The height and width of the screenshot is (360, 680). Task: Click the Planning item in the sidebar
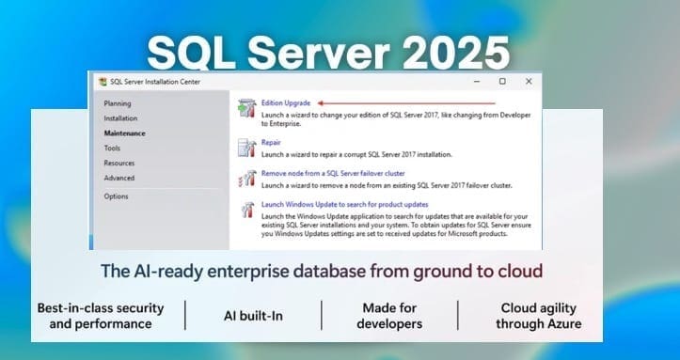pyautogui.click(x=118, y=103)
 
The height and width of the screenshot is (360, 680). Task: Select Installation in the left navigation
pyautogui.click(x=120, y=118)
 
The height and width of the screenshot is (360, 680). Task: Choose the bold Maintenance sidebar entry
pyautogui.click(x=124, y=133)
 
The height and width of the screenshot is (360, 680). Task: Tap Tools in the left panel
pyautogui.click(x=112, y=149)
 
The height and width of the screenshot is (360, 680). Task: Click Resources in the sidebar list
pyautogui.click(x=119, y=164)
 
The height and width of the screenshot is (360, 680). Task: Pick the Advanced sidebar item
pyautogui.click(x=119, y=179)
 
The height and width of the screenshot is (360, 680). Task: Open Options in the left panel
pyautogui.click(x=116, y=196)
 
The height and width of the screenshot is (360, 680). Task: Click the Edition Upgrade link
pyautogui.click(x=286, y=102)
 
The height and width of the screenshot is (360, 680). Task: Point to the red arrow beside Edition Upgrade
pyautogui.click(x=404, y=102)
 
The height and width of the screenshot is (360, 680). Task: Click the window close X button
pyautogui.click(x=529, y=82)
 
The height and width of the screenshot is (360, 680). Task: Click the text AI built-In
pyautogui.click(x=254, y=316)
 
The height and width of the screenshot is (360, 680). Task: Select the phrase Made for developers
pyautogui.click(x=389, y=316)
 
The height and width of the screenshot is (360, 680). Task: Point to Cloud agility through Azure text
pyautogui.click(x=540, y=316)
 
